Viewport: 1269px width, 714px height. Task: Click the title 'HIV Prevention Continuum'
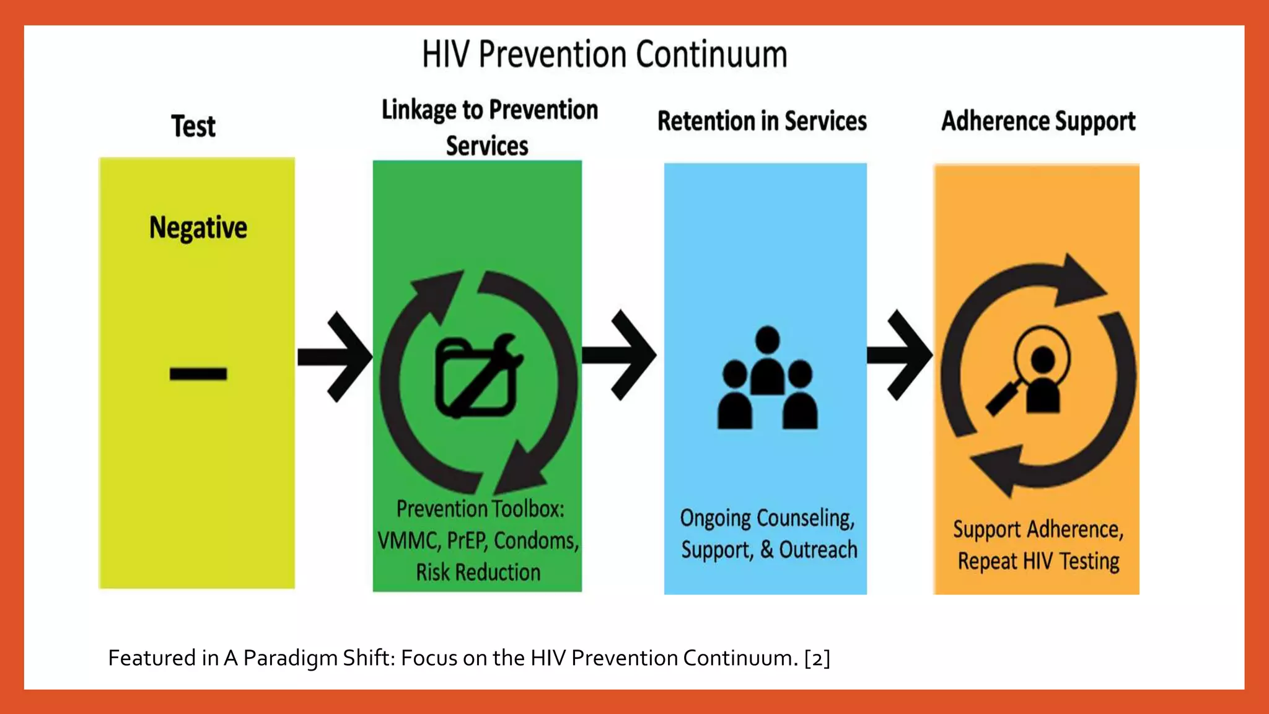[x=604, y=55]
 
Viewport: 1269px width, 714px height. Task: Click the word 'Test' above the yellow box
[x=193, y=126]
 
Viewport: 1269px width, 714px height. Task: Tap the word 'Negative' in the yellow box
[x=198, y=227]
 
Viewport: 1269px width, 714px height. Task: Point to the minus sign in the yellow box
[x=198, y=374]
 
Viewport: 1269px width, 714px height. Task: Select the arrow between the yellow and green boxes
[x=335, y=356]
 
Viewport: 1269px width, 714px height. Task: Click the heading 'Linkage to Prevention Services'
[x=489, y=127]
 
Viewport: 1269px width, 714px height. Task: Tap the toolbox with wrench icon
[x=478, y=377]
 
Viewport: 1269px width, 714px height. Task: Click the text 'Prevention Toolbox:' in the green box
[x=480, y=509]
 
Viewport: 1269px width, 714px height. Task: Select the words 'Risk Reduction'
[x=478, y=572]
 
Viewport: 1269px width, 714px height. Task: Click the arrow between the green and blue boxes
[x=620, y=355]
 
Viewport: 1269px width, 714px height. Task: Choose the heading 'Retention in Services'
[x=762, y=121]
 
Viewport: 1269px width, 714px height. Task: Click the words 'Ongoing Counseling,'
[x=767, y=518]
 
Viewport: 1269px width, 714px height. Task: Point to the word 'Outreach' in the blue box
[x=818, y=550]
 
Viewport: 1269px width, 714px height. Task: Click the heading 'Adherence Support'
[x=1038, y=121]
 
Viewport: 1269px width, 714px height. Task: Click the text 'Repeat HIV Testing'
[x=1038, y=562]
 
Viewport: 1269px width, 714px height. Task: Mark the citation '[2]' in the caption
[x=817, y=658]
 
